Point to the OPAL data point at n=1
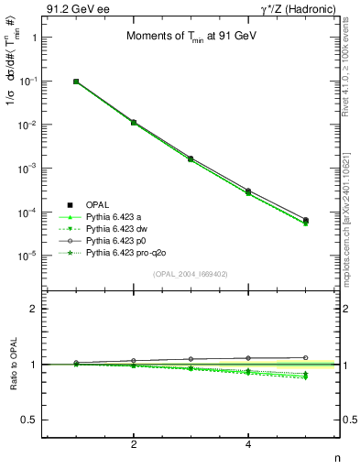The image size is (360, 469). [x=76, y=82]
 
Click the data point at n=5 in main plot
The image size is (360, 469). [x=305, y=221]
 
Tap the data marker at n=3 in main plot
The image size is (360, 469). [x=191, y=158]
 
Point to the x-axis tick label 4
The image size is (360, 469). [x=248, y=443]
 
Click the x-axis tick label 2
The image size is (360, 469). [x=134, y=443]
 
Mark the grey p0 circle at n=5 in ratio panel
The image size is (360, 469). [x=305, y=357]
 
